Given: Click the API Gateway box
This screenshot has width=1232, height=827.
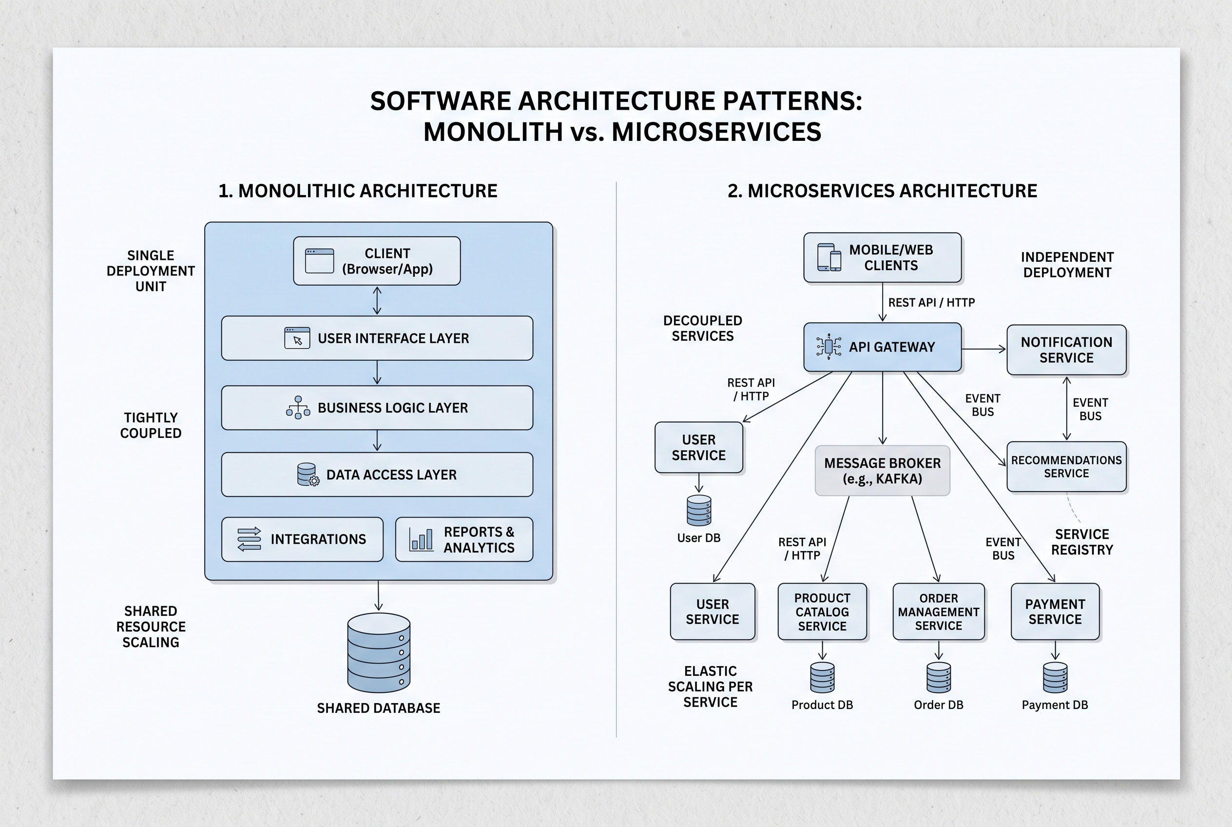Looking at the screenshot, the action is click(x=882, y=347).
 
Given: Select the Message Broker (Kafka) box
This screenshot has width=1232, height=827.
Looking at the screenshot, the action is click(x=882, y=471).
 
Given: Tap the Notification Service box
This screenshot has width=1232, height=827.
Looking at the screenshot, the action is click(x=1066, y=350).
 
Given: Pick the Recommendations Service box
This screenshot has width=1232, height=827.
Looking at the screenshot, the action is click(x=1066, y=467).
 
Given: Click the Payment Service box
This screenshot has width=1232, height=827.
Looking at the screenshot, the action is click(x=1055, y=611).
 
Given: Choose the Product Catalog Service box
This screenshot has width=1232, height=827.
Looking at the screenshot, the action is click(x=822, y=611).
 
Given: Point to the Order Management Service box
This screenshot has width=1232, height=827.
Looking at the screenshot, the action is click(x=938, y=611).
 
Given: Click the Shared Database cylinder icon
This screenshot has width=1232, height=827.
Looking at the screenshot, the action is click(x=379, y=652).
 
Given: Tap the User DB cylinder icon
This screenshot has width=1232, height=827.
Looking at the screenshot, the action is click(x=699, y=510).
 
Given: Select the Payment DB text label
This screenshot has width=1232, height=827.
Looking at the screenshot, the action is click(x=1054, y=705).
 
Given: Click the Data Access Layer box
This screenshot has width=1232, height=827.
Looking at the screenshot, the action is click(x=377, y=474).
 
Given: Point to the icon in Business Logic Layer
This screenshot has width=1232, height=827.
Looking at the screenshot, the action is click(x=298, y=408).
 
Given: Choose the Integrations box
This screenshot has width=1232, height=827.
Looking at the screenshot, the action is click(x=302, y=539).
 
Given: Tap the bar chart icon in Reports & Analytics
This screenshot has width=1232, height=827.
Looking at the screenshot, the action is click(x=421, y=539).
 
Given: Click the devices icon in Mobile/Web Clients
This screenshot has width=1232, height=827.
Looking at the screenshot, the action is click(x=828, y=257).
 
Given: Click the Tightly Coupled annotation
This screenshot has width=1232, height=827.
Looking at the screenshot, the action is click(x=151, y=425).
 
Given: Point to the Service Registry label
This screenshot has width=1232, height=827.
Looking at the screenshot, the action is click(x=1082, y=542).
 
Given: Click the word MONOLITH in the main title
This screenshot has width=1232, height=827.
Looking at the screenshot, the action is click(x=493, y=132).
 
